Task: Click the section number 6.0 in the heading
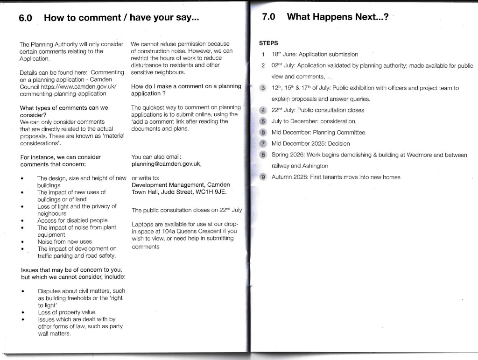click(x=25, y=18)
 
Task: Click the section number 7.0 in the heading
click(x=268, y=17)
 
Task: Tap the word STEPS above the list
click(x=268, y=43)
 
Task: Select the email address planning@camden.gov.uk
click(x=166, y=164)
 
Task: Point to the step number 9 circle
click(x=263, y=177)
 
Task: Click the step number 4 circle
click(x=263, y=110)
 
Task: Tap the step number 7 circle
click(x=263, y=144)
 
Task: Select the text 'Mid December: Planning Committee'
click(x=318, y=133)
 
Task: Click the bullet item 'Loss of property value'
click(x=66, y=312)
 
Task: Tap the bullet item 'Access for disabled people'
click(x=72, y=220)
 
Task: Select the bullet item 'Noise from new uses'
click(x=64, y=242)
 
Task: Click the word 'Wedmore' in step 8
click(x=419, y=155)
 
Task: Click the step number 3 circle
click(x=263, y=88)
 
